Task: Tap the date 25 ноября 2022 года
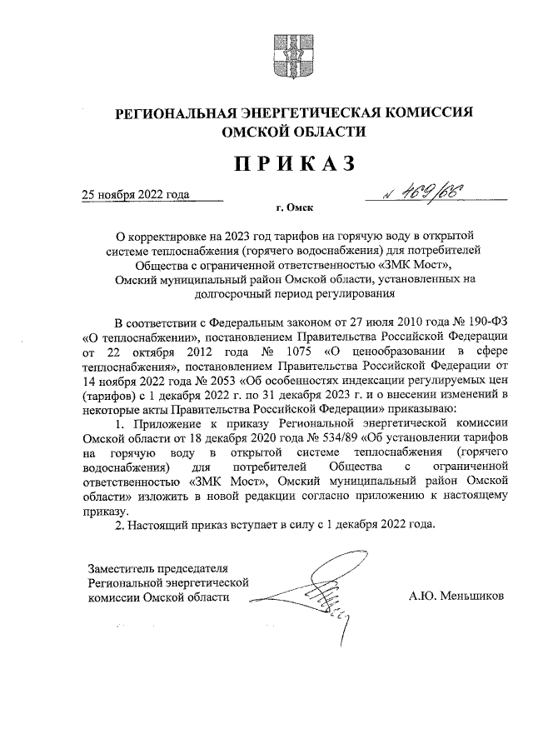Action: tap(135, 195)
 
